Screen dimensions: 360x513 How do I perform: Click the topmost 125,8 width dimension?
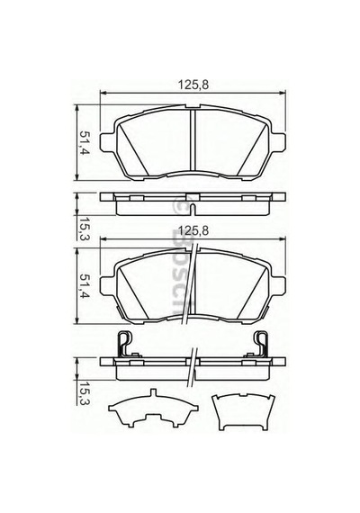click(x=193, y=85)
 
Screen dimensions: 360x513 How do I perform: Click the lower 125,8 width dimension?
click(x=193, y=230)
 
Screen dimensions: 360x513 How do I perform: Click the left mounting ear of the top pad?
click(x=107, y=142)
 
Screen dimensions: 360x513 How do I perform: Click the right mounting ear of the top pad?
click(x=278, y=142)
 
